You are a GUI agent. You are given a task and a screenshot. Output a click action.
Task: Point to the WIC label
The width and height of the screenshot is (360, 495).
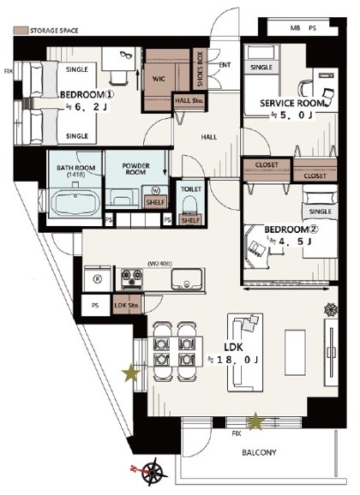(159, 80)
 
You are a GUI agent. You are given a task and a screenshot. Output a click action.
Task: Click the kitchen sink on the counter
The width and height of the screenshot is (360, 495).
(185, 279)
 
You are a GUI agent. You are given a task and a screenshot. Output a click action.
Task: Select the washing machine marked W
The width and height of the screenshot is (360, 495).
(156, 190)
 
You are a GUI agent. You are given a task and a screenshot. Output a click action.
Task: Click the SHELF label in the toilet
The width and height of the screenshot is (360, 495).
(190, 220)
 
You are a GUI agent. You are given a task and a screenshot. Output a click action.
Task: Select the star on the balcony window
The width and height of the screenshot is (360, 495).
(255, 420)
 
